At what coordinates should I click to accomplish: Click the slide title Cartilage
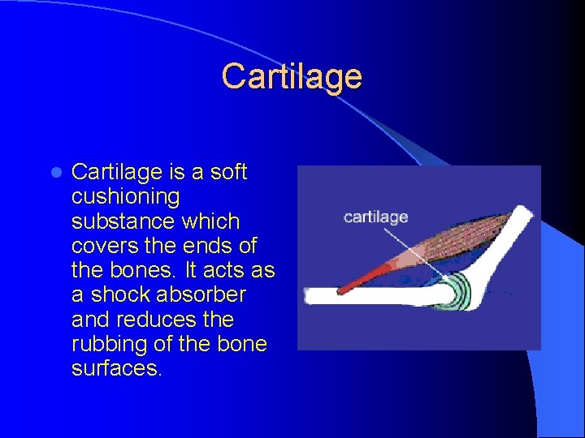(x=292, y=77)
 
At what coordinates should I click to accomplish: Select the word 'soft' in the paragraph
(x=227, y=172)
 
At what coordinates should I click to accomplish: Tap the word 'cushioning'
(x=126, y=197)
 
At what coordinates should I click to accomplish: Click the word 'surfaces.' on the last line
(x=117, y=369)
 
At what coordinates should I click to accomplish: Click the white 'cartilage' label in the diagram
(x=375, y=217)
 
